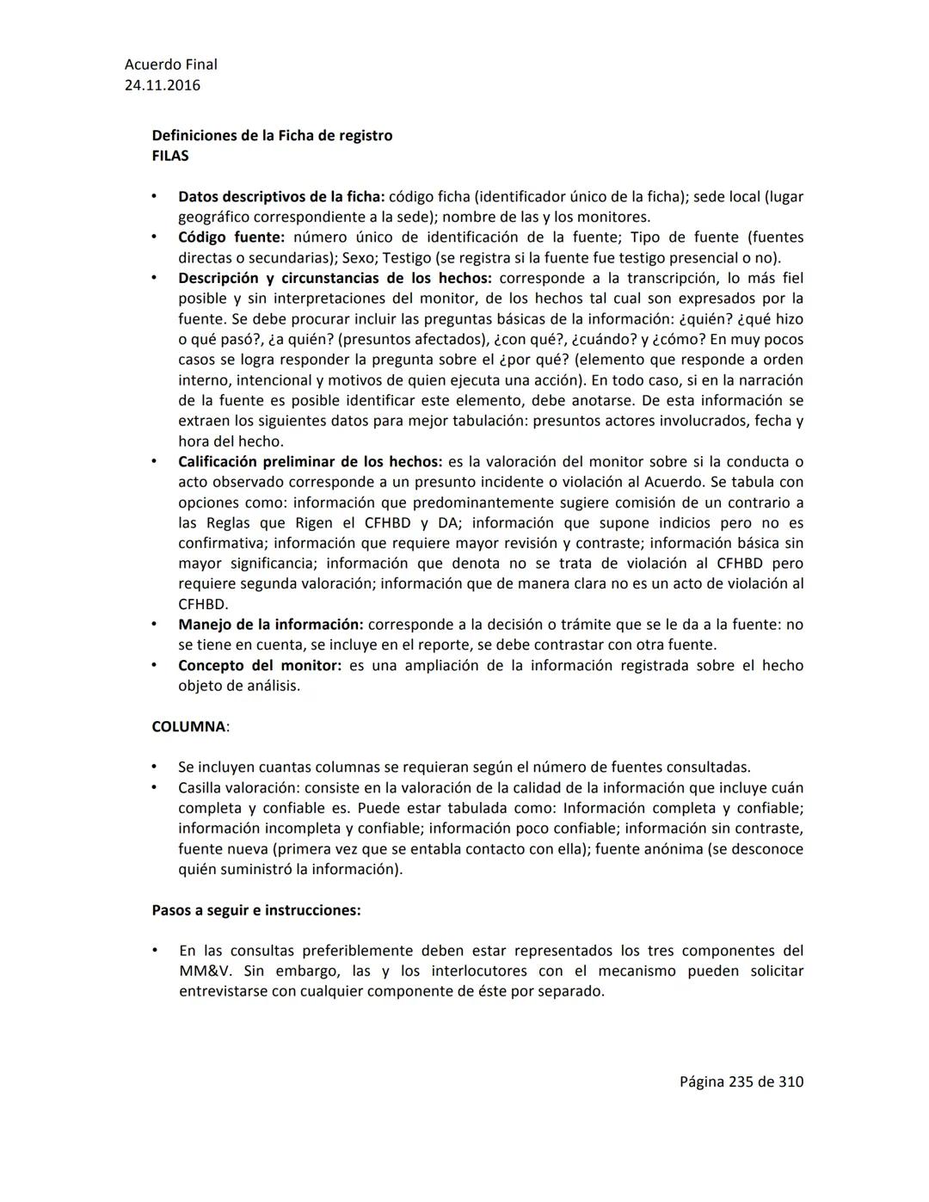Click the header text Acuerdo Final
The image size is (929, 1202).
click(170, 65)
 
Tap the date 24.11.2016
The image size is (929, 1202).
click(163, 85)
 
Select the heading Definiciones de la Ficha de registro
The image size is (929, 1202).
click(272, 136)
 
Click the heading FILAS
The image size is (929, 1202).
click(170, 156)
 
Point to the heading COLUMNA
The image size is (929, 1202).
click(190, 726)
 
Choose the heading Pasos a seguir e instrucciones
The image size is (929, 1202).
click(255, 910)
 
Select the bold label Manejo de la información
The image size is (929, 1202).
click(270, 625)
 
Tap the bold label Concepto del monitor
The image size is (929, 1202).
click(259, 666)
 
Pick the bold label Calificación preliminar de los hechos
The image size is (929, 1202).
click(310, 462)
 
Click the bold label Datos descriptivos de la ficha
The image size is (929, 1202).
click(281, 197)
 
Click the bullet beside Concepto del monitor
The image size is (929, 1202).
click(154, 666)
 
